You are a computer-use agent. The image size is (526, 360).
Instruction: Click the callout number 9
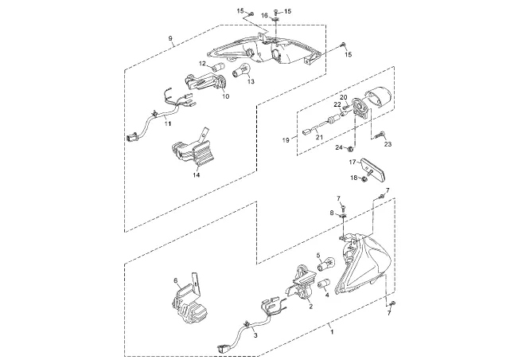point(170,38)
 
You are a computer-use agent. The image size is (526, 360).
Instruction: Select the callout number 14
point(197,175)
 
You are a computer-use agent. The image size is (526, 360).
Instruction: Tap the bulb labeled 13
point(241,71)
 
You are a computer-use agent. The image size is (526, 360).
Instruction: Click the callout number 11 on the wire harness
point(168,123)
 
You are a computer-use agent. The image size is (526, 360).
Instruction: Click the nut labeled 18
point(365,178)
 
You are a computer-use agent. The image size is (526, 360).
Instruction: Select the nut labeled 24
point(350,148)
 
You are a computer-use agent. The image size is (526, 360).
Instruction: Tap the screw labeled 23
point(380,135)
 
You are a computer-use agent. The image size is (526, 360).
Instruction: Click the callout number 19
point(286,140)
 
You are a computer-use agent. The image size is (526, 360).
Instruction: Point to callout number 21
point(318,137)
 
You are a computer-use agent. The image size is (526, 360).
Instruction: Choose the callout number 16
point(264,15)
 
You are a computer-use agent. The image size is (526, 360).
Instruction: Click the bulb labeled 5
point(325,264)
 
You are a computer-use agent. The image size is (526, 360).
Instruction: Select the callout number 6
point(175,280)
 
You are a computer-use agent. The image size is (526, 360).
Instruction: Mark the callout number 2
point(311,307)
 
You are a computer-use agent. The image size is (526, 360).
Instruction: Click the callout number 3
point(255,335)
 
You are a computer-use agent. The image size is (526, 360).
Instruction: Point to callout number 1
point(332,332)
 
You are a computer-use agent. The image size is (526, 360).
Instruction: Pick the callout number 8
point(332,213)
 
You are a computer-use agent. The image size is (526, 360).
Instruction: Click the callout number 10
point(225,96)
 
